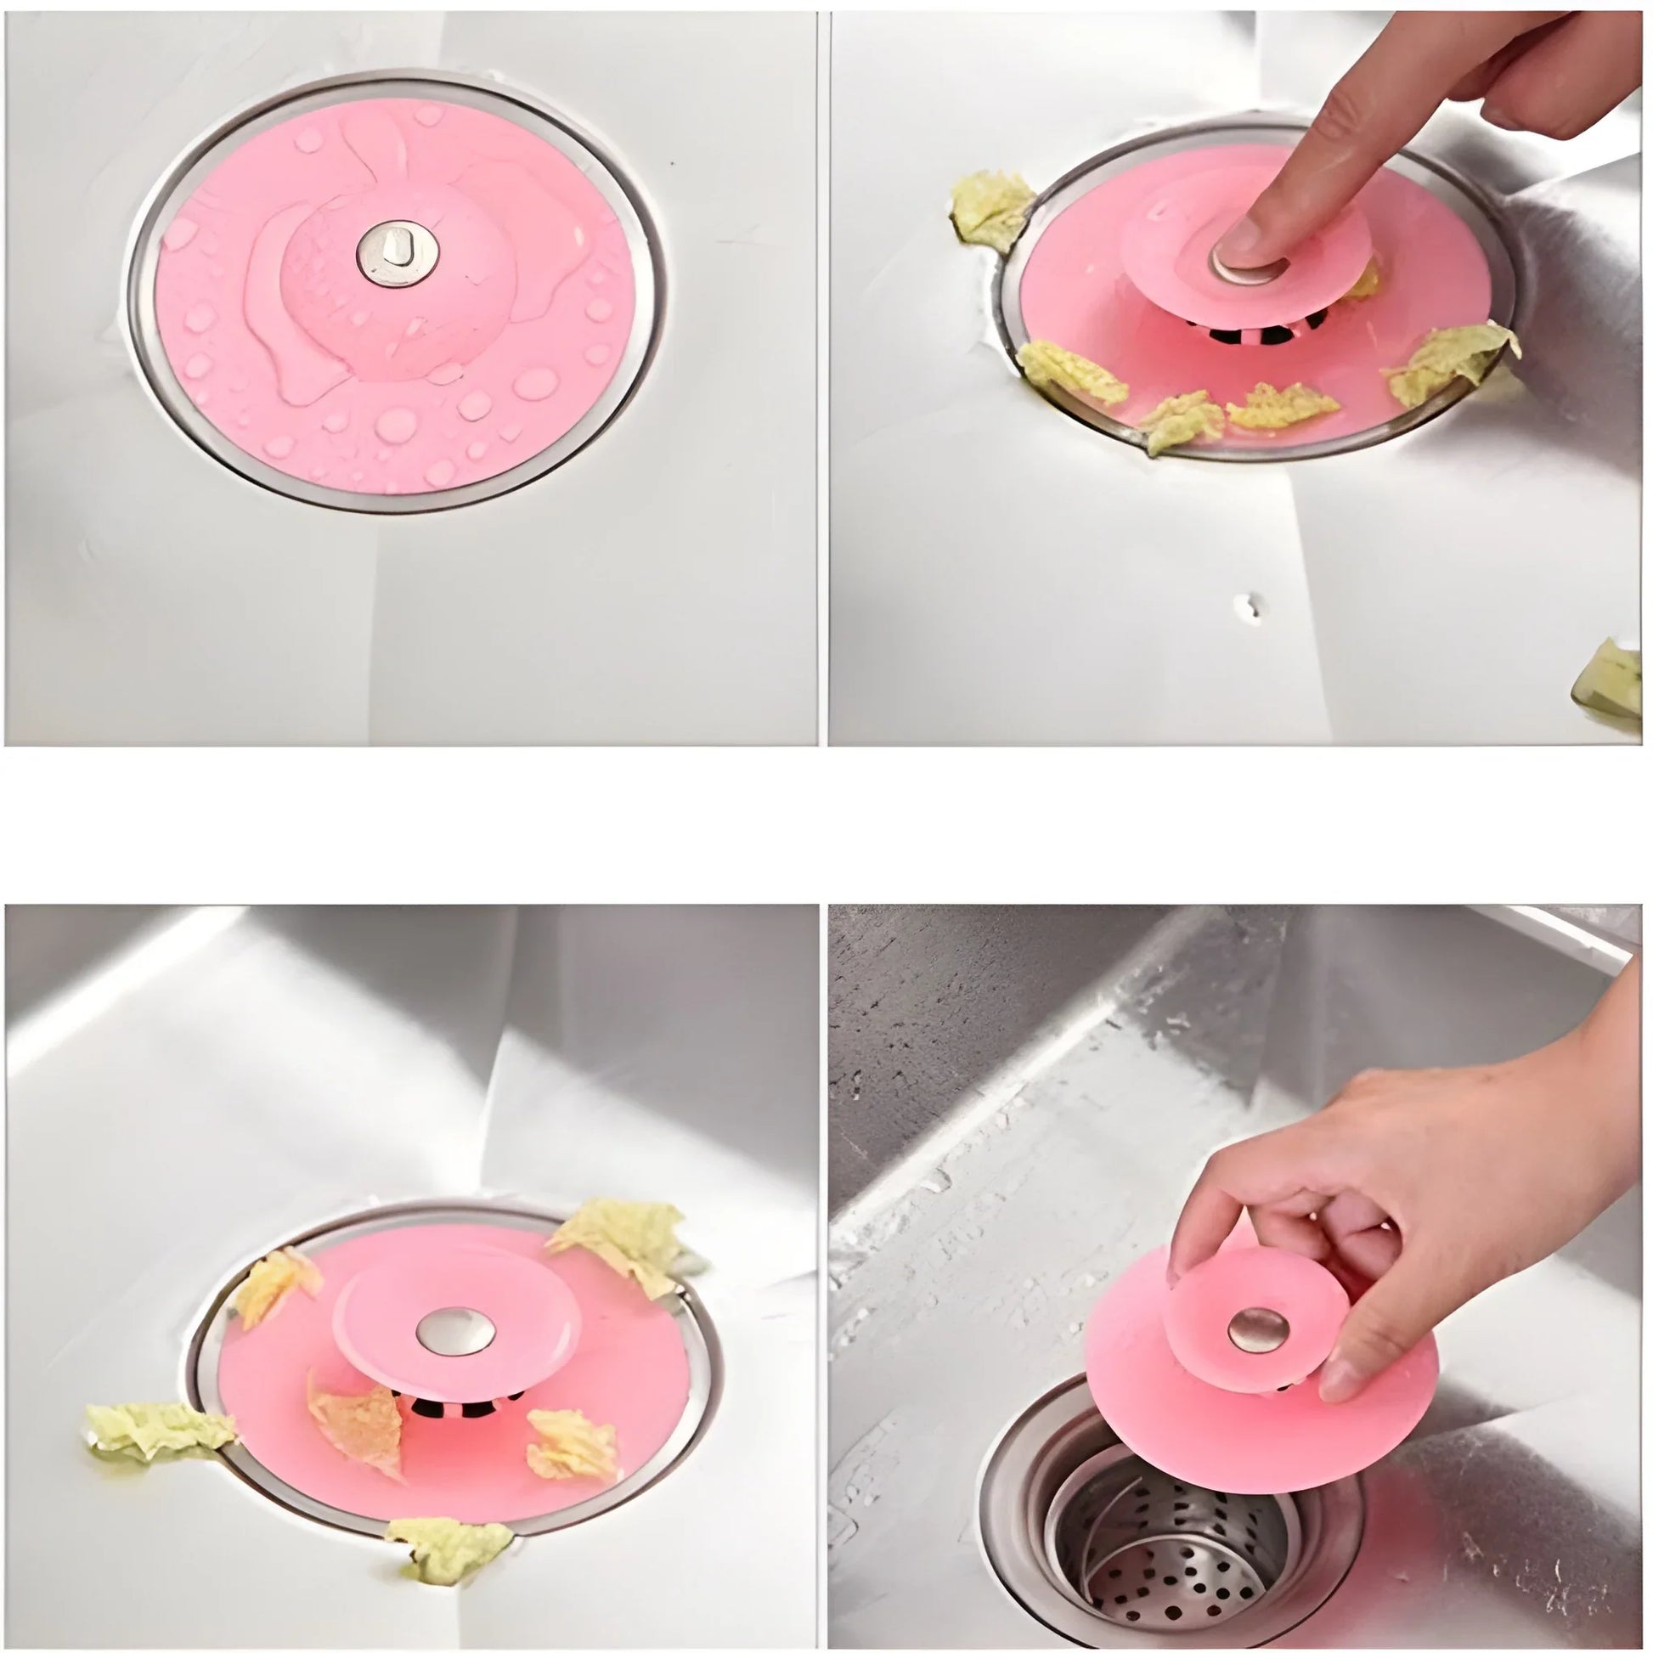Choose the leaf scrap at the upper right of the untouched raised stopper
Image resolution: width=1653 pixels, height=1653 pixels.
coord(629,1241)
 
